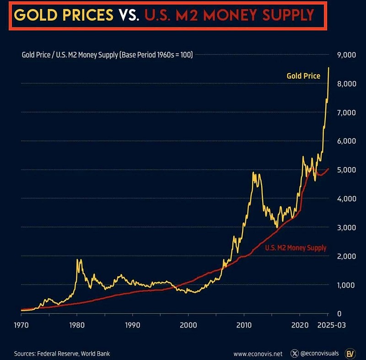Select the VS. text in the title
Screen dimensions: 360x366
point(129,15)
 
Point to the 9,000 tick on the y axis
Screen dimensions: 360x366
point(346,55)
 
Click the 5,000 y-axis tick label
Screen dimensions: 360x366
point(346,170)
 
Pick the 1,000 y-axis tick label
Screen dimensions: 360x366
point(346,285)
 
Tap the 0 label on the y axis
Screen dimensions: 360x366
point(339,314)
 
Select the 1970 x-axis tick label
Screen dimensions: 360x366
point(22,325)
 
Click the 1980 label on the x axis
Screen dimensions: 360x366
point(77,325)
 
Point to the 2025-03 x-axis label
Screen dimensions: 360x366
point(331,325)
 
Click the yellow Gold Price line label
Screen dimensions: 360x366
point(303,76)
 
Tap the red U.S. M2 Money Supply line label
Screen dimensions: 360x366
point(296,248)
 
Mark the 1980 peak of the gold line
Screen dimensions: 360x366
point(79,260)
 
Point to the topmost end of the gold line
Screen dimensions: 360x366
point(328,68)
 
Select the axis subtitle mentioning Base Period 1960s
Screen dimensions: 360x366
point(108,55)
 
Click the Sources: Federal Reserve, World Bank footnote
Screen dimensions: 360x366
point(62,354)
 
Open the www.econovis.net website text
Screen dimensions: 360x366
point(258,354)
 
